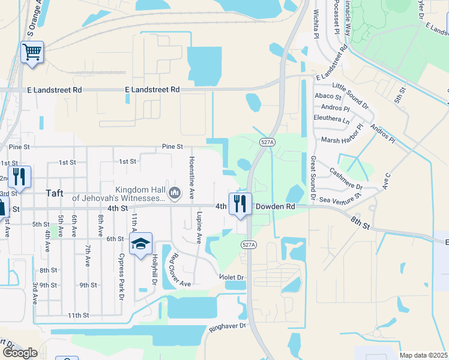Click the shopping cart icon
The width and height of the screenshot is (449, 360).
32,52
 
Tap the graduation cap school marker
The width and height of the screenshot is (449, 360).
140,244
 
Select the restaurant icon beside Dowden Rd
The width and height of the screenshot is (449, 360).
240,203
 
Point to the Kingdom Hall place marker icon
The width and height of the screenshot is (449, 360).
175,193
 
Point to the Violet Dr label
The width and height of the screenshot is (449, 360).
232,277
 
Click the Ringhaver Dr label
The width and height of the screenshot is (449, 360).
228,326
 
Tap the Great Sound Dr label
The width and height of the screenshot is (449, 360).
313,178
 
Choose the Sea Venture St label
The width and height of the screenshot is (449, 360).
341,197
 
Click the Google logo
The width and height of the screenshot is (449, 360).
20,353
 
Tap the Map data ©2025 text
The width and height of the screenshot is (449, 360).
423,355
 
